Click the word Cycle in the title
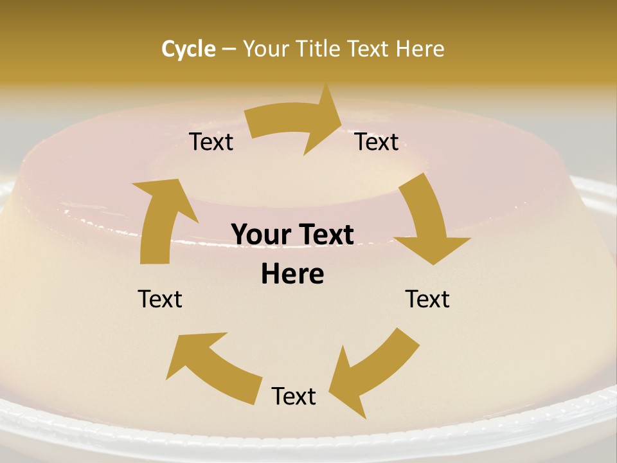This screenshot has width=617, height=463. click(188, 49)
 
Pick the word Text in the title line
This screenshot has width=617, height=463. click(369, 49)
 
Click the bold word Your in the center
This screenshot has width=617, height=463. click(260, 235)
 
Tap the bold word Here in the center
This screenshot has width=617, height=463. click(292, 275)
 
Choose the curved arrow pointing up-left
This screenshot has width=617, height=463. click(212, 363)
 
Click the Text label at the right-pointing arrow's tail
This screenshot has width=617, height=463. click(211, 142)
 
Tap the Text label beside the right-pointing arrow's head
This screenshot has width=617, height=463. click(377, 142)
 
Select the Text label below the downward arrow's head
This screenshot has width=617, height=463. click(427, 299)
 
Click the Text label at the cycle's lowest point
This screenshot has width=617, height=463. click(294, 396)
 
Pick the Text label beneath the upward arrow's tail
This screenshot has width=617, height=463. click(160, 299)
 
